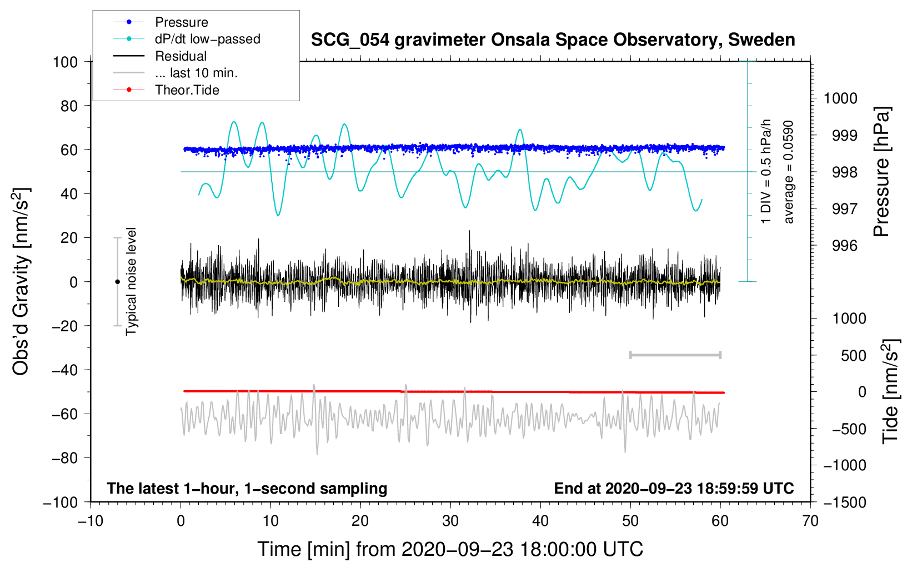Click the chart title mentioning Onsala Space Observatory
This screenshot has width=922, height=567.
[x=553, y=40]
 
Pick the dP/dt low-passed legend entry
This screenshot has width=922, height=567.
[x=207, y=39]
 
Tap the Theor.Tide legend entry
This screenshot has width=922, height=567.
[x=187, y=90]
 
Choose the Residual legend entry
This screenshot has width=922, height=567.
[x=181, y=56]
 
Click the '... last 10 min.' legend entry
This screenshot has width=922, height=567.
[x=196, y=73]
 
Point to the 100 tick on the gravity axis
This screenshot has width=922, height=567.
[x=66, y=62]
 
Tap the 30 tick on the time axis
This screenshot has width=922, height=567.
[x=450, y=521]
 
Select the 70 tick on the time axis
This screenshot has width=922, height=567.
[x=810, y=521]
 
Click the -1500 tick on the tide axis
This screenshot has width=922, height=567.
[x=844, y=502]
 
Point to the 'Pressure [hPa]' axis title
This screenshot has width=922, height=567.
[x=881, y=172]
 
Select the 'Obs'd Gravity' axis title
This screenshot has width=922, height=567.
[x=21, y=281]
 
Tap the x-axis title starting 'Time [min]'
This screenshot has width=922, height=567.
[x=450, y=549]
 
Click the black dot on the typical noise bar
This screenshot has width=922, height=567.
[x=117, y=282]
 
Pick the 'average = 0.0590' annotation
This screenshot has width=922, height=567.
[x=789, y=172]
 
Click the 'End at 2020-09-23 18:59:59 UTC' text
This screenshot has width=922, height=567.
[x=674, y=488]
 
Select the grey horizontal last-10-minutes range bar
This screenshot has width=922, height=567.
[x=675, y=355]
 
